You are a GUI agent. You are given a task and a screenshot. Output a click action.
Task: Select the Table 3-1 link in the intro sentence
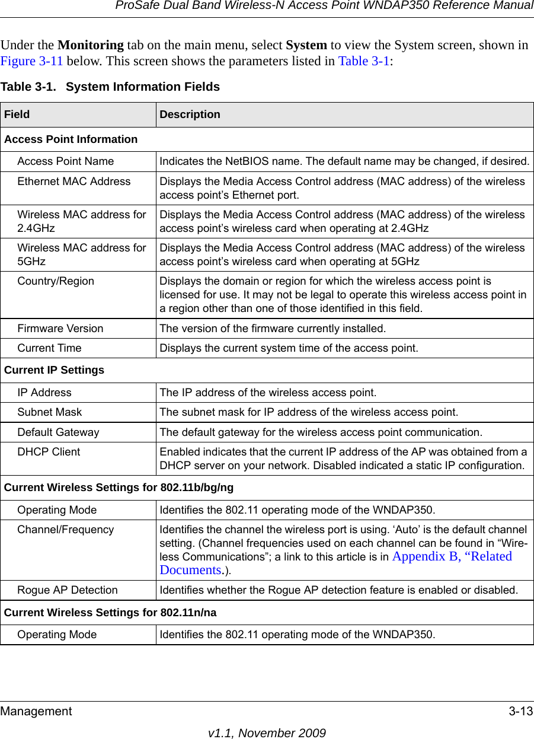[x=364, y=61]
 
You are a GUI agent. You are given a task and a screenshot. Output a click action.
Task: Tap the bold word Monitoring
[x=91, y=46]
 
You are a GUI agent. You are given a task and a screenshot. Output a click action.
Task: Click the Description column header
[x=190, y=114]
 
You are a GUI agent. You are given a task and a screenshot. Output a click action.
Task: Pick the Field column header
[x=17, y=114]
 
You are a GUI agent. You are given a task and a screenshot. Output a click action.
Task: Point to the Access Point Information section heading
[x=71, y=139]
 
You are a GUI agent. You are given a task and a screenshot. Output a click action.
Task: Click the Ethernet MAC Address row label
[x=74, y=181]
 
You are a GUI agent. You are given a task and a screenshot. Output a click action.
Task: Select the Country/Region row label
[x=56, y=281]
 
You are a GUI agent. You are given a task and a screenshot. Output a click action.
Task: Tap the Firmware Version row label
[x=60, y=328]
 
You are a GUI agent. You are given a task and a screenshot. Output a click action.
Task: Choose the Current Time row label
[x=50, y=348]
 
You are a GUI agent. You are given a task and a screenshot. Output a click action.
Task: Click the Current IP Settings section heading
[x=55, y=370]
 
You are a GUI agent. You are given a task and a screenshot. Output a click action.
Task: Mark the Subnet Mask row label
[x=50, y=412]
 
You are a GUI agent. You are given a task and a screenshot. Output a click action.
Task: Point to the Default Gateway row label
[x=59, y=432]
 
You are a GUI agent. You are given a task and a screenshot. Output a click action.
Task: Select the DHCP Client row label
[x=49, y=452]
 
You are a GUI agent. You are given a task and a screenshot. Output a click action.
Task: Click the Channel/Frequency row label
[x=66, y=530]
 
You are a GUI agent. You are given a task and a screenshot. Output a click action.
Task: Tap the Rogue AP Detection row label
[x=68, y=590]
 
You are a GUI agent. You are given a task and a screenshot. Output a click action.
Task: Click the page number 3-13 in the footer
[x=520, y=711]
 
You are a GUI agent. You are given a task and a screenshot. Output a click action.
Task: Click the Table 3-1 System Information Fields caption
[x=110, y=87]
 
